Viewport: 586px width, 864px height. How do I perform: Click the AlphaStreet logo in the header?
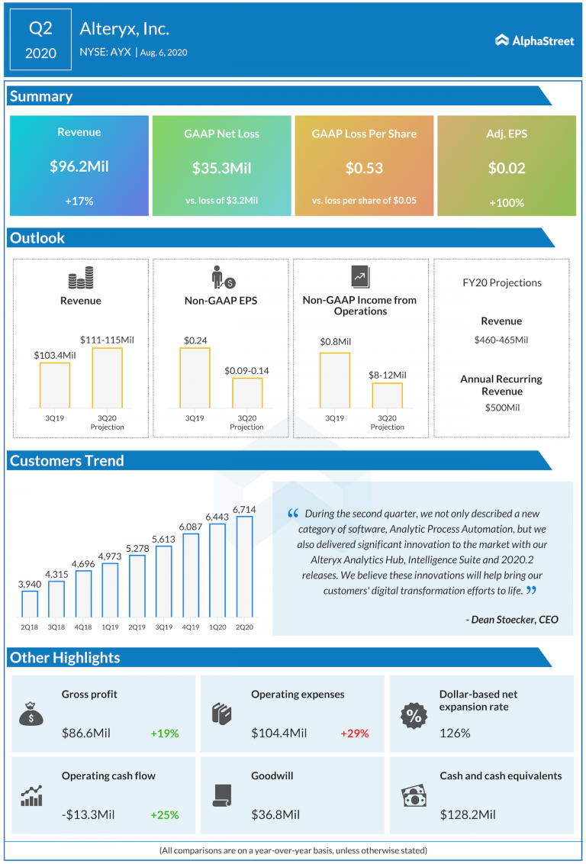[534, 40]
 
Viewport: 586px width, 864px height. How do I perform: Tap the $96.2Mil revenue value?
[79, 166]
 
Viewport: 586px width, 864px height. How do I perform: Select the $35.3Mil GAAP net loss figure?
[221, 168]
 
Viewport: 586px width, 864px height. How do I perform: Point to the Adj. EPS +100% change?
[506, 203]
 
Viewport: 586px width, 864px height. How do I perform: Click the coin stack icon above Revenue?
[81, 278]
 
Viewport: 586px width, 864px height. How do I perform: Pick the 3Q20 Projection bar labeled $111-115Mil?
[107, 378]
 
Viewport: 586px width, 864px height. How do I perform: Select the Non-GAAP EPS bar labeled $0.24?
[195, 378]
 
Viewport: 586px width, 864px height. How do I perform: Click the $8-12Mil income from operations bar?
[387, 395]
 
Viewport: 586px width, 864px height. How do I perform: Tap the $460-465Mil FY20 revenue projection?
[501, 340]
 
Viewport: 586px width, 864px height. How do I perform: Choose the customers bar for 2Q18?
[30, 603]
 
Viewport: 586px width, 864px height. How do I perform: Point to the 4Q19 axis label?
[191, 627]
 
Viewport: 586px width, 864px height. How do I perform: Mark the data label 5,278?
[137, 547]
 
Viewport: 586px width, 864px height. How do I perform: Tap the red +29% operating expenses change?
[354, 733]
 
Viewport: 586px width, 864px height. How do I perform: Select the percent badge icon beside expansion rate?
[413, 716]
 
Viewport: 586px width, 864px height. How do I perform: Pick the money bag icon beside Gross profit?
[31, 714]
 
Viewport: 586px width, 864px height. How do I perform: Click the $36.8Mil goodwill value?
[275, 814]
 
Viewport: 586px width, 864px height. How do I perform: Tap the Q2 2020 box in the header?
[40, 40]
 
